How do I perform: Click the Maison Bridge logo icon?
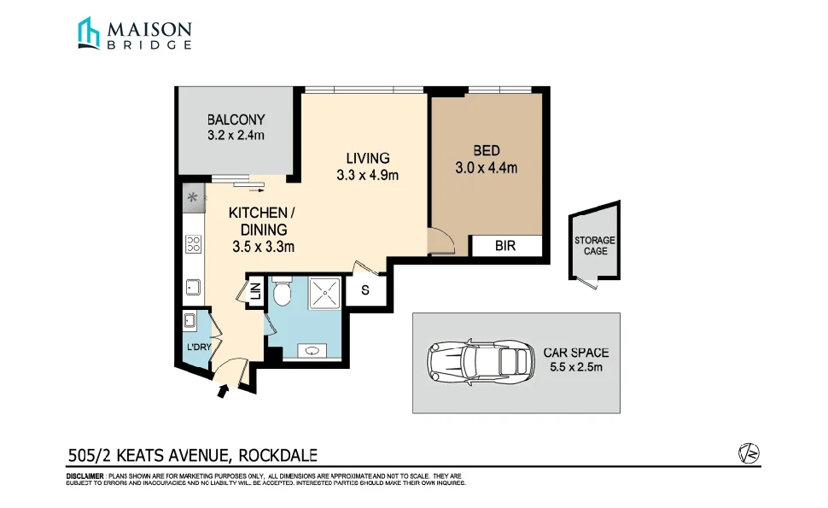tap(89, 33)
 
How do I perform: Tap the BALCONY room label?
tap(236, 120)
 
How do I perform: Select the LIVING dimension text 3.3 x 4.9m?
tap(368, 176)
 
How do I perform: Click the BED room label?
tap(486, 151)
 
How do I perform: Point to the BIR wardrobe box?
tap(505, 246)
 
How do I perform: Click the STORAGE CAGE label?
tap(595, 246)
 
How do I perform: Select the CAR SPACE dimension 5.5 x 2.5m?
tap(575, 368)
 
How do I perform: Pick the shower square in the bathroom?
tap(324, 293)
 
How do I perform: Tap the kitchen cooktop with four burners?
tap(193, 246)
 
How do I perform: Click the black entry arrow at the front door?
tap(224, 391)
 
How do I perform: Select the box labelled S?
tap(365, 290)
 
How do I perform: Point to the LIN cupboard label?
tap(255, 291)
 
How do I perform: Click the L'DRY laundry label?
tap(198, 347)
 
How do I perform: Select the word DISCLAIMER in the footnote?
tap(85, 476)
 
